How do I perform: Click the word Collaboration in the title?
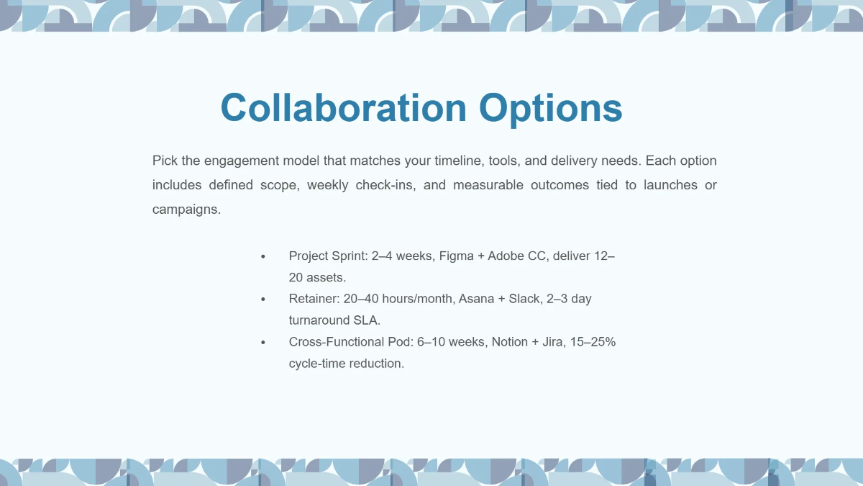pos(344,107)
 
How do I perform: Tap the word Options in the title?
pos(551,109)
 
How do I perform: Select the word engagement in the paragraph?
pos(242,161)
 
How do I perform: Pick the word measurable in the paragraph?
pos(488,185)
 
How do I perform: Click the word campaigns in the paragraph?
pos(186,210)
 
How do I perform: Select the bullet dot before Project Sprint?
pos(263,256)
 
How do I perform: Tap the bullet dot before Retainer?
pos(263,300)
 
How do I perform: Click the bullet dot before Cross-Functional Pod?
pos(263,343)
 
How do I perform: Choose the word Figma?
pos(456,256)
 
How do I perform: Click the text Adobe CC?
pos(516,256)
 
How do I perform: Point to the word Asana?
pos(476,299)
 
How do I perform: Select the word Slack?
pos(524,299)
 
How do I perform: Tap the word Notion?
pos(510,342)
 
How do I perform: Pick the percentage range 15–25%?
pos(593,342)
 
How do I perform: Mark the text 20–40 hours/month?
pos(398,299)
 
